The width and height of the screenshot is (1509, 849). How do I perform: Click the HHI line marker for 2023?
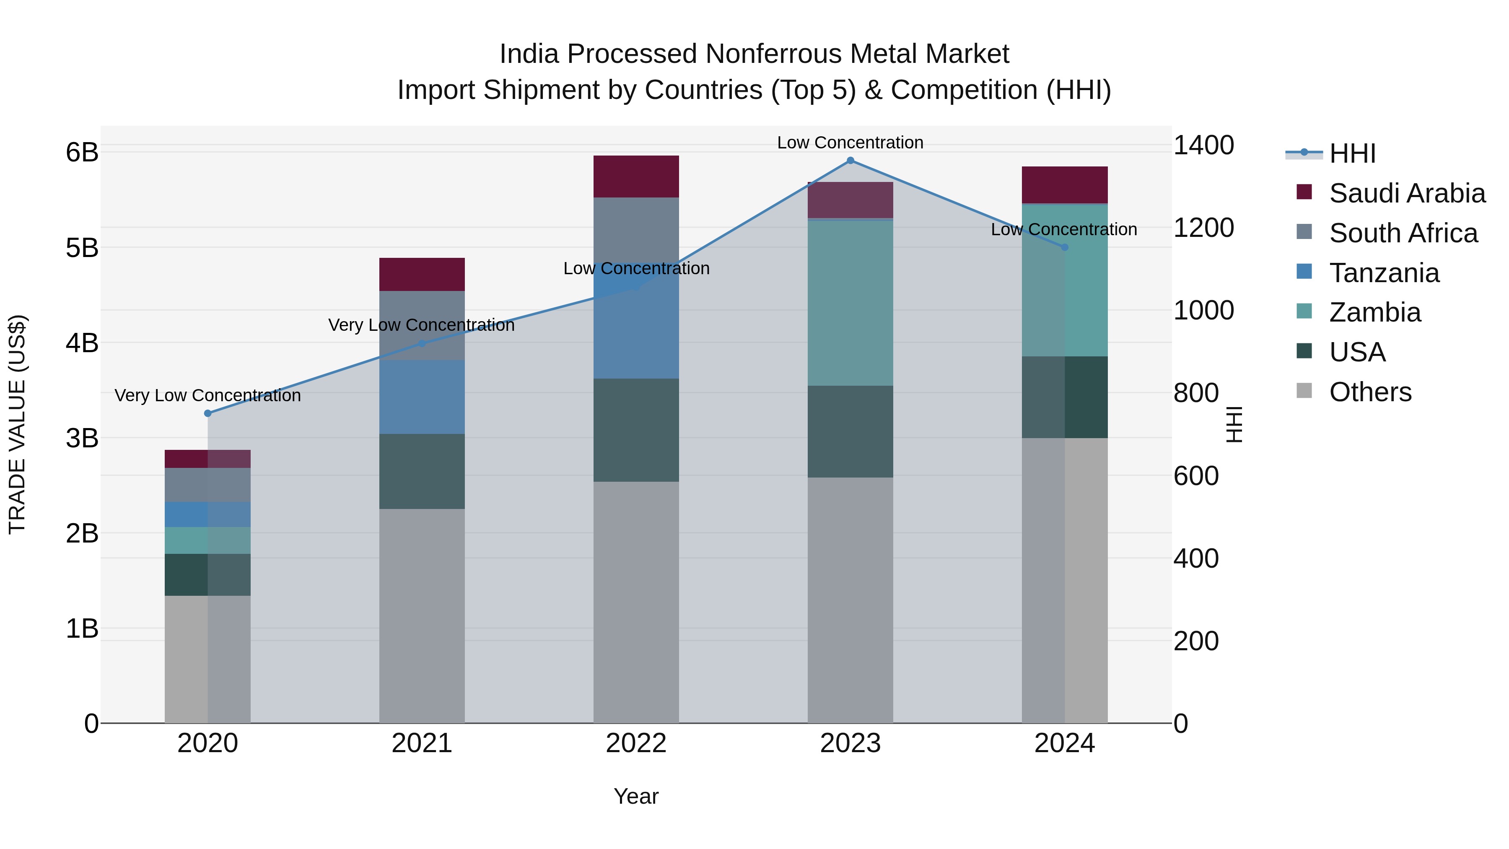pos(850,161)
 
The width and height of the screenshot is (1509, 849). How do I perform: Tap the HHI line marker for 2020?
pos(207,413)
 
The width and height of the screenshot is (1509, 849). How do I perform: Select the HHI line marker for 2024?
pos(1064,247)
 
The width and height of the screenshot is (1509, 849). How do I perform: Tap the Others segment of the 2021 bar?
pos(422,615)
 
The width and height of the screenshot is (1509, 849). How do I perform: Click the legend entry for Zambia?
pos(1374,312)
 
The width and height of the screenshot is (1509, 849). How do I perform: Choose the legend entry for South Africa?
pos(1403,233)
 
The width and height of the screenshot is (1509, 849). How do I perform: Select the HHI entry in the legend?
pos(1351,153)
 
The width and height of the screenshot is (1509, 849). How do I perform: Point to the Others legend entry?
pos(1369,392)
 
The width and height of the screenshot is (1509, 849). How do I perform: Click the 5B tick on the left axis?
pos(82,248)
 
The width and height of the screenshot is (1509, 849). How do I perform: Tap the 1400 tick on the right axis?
pos(1203,145)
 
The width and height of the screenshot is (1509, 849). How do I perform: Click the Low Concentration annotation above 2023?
pos(850,143)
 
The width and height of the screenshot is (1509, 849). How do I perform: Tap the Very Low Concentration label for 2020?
pos(207,395)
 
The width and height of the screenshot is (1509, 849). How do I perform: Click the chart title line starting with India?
pos(754,54)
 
